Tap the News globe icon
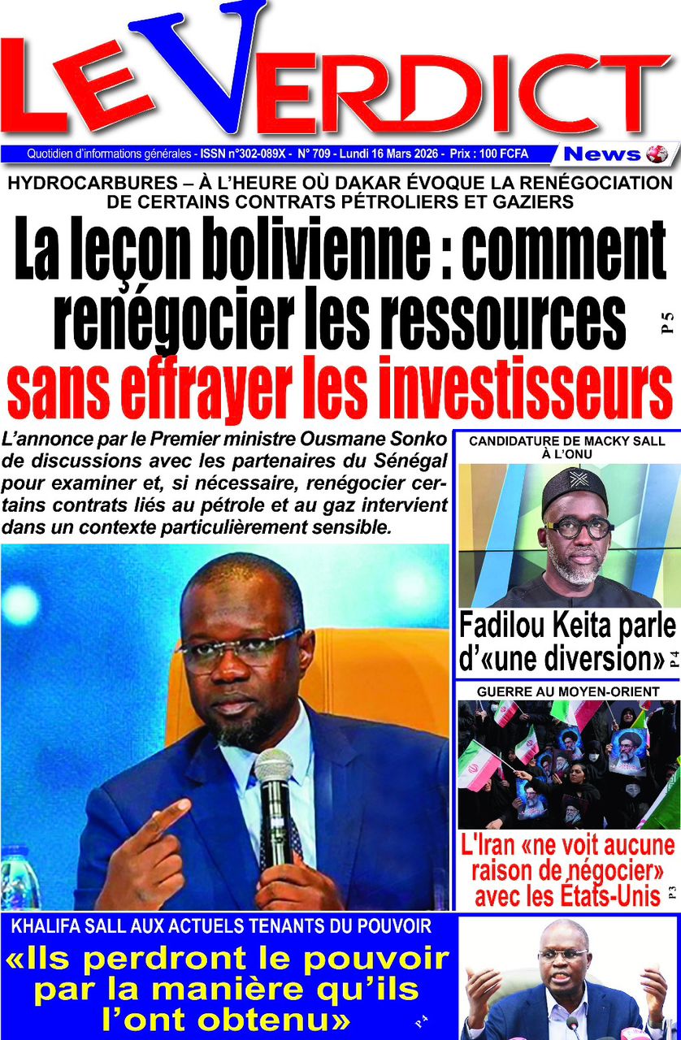point(657,154)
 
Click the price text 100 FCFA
point(499,154)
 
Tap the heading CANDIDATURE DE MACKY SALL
point(566,441)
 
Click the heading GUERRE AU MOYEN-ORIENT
point(568,691)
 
